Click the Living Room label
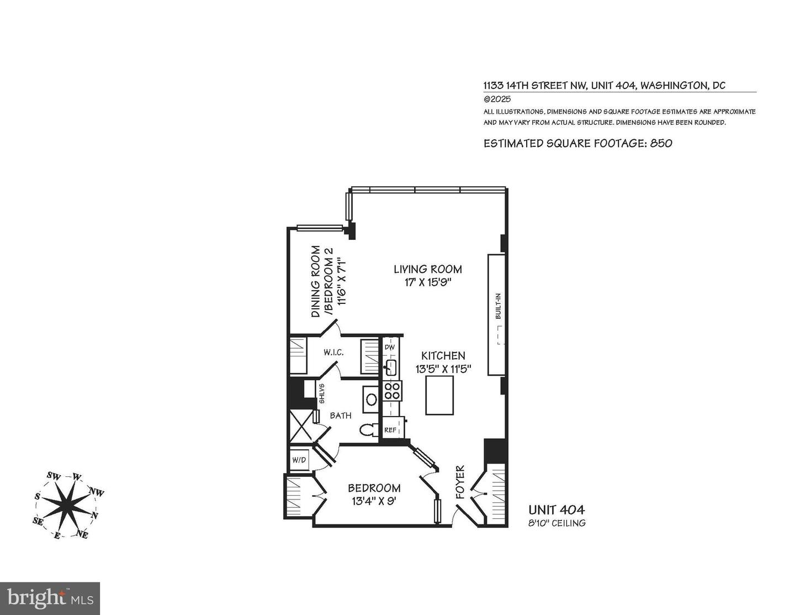[427, 270]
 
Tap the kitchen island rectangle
[439, 395]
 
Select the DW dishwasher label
[390, 348]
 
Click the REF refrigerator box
[391, 429]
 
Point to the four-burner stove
[393, 391]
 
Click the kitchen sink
[391, 367]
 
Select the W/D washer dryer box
[299, 460]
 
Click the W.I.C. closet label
[334, 352]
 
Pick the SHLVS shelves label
[321, 394]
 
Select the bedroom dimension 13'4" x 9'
[374, 502]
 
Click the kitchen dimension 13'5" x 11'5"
[443, 369]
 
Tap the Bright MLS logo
[50, 598]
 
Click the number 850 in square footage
[661, 144]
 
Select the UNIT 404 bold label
[556, 510]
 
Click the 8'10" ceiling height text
[556, 523]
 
